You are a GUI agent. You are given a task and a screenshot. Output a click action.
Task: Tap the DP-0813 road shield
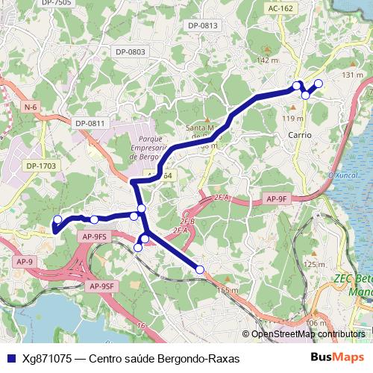click(202, 25)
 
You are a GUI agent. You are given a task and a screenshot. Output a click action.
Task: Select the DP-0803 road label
click(131, 51)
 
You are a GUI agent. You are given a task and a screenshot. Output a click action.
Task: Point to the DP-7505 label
click(57, 3)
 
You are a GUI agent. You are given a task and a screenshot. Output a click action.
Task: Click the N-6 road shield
click(30, 107)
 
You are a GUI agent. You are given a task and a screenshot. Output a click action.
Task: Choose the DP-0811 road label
click(92, 123)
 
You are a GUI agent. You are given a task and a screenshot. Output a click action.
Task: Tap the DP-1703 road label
click(41, 166)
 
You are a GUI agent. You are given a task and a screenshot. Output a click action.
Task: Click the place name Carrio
click(299, 135)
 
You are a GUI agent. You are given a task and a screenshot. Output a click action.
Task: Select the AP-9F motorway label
click(275, 199)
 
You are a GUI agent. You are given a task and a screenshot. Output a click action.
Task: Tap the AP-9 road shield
click(25, 262)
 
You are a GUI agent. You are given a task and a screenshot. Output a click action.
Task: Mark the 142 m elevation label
click(266, 60)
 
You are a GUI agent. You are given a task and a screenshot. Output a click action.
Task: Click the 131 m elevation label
click(352, 75)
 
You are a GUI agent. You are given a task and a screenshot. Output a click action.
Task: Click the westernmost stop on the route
click(57, 219)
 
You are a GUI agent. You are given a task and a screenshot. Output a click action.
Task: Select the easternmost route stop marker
click(319, 83)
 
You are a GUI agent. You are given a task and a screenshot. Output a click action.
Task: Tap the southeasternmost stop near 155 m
click(200, 269)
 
